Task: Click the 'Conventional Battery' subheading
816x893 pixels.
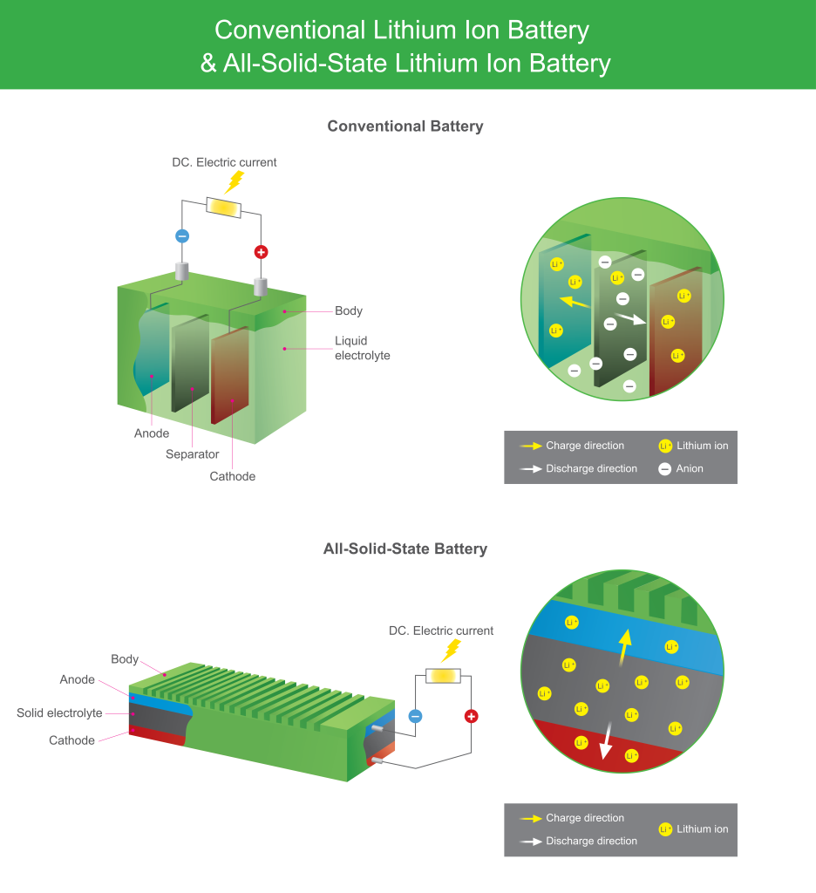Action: pyautogui.click(x=405, y=126)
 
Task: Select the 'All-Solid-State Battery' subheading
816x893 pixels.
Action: pyautogui.click(x=405, y=549)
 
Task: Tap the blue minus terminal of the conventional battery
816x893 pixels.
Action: pyautogui.click(x=182, y=235)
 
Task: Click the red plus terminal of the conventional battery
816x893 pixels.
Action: pyautogui.click(x=261, y=252)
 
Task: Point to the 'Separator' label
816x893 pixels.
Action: pyautogui.click(x=193, y=454)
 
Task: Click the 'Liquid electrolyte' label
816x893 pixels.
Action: pyautogui.click(x=363, y=348)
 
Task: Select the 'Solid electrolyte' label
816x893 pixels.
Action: pyautogui.click(x=59, y=713)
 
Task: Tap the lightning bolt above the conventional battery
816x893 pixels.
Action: pyautogui.click(x=234, y=181)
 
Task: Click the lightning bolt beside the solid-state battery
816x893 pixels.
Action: pyautogui.click(x=451, y=650)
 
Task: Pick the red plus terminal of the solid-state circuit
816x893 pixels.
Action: pyautogui.click(x=472, y=716)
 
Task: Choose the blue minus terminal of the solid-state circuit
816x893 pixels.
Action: pyautogui.click(x=416, y=716)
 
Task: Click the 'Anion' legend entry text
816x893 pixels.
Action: pyautogui.click(x=690, y=468)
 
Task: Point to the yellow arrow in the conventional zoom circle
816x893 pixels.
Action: pyautogui.click(x=572, y=303)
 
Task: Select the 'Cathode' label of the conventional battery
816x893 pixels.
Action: pyautogui.click(x=233, y=476)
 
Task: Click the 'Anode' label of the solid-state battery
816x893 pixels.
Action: pyautogui.click(x=78, y=680)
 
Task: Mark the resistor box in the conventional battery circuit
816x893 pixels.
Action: pyautogui.click(x=222, y=207)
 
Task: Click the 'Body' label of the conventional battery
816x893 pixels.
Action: pyautogui.click(x=349, y=311)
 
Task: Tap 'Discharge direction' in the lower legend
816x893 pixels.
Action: pyautogui.click(x=591, y=841)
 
